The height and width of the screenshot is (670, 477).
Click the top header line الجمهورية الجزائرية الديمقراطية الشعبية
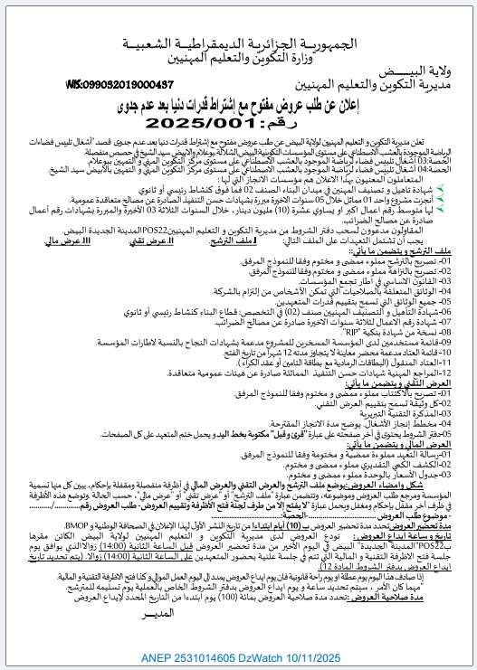point(238,44)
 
